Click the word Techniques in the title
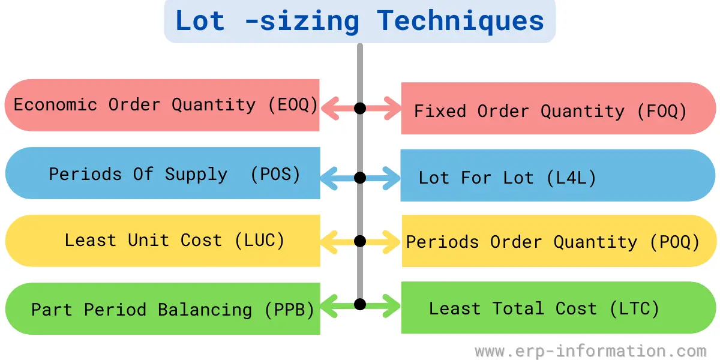(460, 21)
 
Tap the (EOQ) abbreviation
(293, 105)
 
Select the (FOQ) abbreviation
(662, 111)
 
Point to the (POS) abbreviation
(275, 175)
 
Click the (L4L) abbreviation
(571, 178)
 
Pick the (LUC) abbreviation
(260, 241)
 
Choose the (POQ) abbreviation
(674, 242)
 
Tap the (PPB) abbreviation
(289, 310)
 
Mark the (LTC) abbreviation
(635, 308)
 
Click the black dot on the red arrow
(360, 109)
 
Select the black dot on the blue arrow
(360, 178)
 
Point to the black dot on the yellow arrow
(360, 241)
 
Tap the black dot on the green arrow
(360, 304)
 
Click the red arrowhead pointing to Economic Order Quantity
(329, 109)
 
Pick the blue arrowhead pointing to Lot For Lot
(391, 178)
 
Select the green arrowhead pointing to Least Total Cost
(391, 306)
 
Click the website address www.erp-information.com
(590, 351)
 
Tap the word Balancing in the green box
(205, 310)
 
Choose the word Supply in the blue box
(196, 175)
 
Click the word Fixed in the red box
(440, 111)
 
